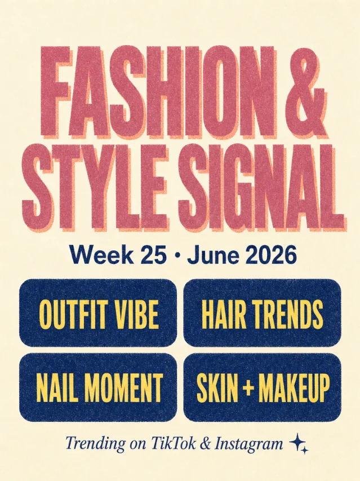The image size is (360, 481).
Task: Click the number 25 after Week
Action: point(152,255)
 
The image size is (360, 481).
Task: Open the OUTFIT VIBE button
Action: point(98,313)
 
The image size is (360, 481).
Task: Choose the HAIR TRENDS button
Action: point(263,313)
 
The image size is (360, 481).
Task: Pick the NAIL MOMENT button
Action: point(98,387)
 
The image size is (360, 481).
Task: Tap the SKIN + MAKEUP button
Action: point(263,387)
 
